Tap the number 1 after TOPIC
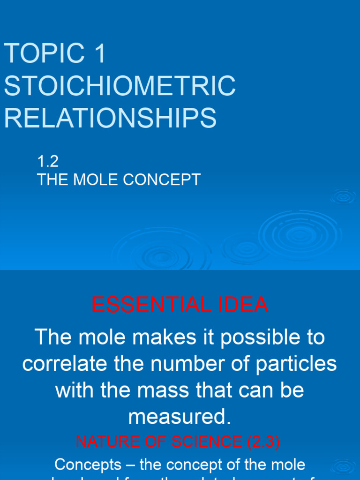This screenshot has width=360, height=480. (x=100, y=53)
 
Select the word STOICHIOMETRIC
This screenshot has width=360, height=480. (x=120, y=85)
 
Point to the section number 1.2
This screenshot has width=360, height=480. (x=47, y=162)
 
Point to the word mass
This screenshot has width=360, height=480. (x=178, y=390)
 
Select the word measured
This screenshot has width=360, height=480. (x=180, y=417)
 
